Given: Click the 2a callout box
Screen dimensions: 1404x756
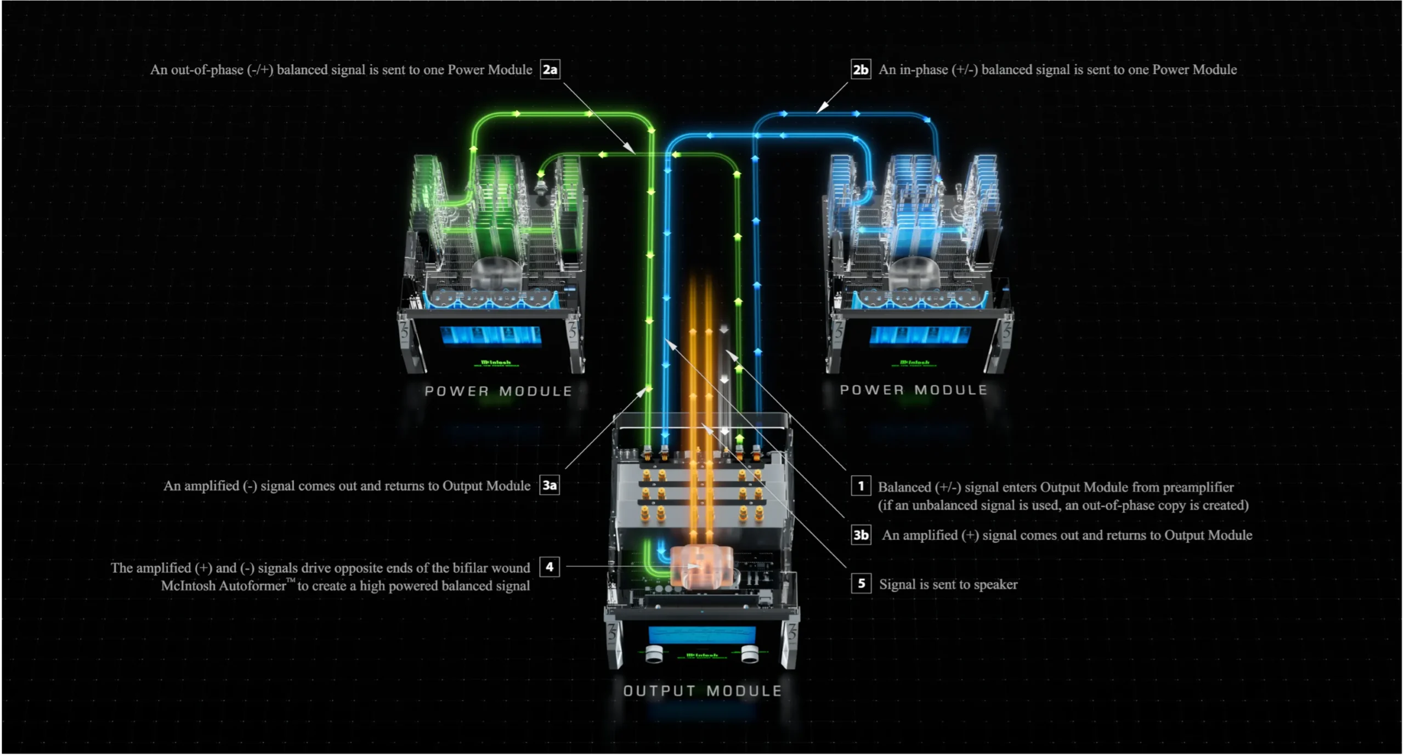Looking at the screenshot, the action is tap(550, 70).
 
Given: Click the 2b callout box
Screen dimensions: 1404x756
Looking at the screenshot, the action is tap(860, 70).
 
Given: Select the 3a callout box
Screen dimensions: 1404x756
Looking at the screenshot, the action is tap(550, 486).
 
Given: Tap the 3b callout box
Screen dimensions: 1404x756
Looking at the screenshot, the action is tap(861, 535).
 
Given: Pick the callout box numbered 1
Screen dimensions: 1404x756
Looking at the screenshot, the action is tap(861, 486).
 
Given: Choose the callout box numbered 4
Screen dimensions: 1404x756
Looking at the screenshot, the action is tap(550, 567).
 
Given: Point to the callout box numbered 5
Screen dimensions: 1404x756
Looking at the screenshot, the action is tap(861, 584).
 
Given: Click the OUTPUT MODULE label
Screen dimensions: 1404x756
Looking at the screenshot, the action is tap(703, 691).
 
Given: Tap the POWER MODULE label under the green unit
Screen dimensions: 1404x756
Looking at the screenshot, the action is tap(499, 391).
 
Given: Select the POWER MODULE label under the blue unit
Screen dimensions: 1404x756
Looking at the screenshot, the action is tap(914, 390).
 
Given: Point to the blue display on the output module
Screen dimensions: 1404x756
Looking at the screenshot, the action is tap(702, 635).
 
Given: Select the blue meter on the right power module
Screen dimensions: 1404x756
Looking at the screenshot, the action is tap(920, 335).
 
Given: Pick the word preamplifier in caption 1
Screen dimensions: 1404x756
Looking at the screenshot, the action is tap(1198, 487).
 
